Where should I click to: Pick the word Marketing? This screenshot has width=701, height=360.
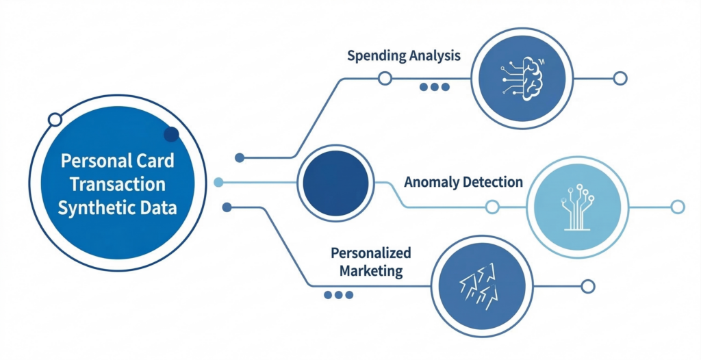[x=367, y=271]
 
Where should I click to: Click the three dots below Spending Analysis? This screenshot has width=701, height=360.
[x=435, y=87]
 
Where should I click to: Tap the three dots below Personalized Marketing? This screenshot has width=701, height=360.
[x=338, y=295]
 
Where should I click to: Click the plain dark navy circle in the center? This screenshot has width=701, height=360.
[x=336, y=182]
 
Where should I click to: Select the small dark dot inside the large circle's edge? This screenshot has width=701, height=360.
[x=171, y=134]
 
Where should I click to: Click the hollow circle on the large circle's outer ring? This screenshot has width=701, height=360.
[x=55, y=120]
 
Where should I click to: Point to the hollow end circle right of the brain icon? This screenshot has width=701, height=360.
[x=620, y=79]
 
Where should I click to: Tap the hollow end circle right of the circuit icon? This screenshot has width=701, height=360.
[x=678, y=207]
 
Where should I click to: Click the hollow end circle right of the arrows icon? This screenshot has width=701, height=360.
[x=587, y=286]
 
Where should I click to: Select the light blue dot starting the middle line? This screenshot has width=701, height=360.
[x=218, y=182]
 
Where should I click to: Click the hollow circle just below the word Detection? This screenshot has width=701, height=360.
[x=492, y=207]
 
